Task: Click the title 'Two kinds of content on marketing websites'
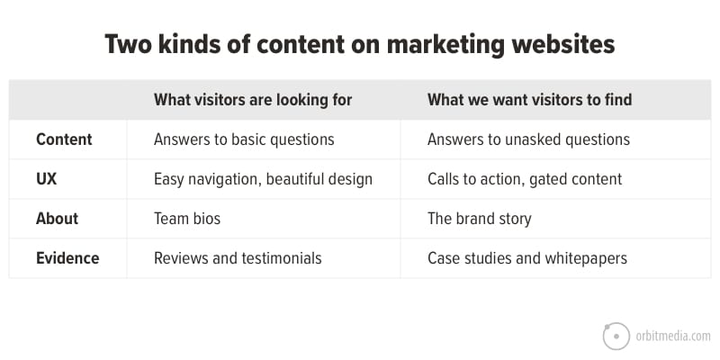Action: (359, 45)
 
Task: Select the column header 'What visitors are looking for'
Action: (253, 100)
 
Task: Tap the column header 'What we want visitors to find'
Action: (529, 100)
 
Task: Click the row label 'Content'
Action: (64, 139)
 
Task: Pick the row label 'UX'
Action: (47, 178)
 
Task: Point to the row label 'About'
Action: (57, 218)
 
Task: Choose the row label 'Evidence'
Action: (67, 257)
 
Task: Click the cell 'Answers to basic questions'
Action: (244, 139)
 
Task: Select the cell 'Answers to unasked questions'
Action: (528, 139)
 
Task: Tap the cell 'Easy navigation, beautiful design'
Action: (263, 179)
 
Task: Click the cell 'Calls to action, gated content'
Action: (525, 179)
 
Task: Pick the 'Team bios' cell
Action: (187, 218)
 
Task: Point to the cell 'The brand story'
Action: (480, 219)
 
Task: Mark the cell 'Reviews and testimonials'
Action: (238, 257)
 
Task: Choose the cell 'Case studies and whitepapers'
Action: (527, 258)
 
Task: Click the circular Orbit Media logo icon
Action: (616, 336)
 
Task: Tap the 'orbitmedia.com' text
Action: (672, 337)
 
